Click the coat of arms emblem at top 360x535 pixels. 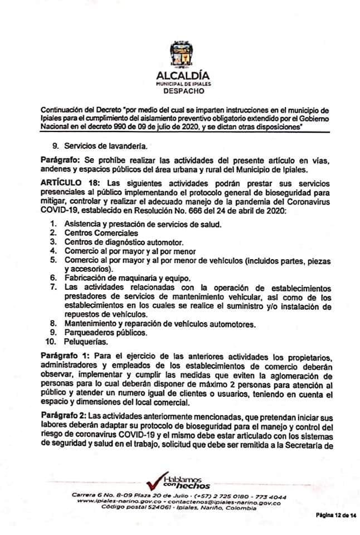coord(179,55)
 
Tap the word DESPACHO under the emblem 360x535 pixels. coord(179,89)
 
